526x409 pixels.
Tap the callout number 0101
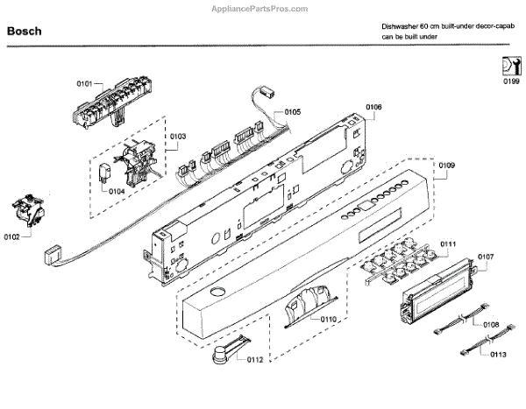(84, 83)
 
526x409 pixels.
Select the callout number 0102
(11, 236)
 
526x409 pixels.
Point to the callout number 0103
(177, 136)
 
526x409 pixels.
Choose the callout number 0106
(373, 108)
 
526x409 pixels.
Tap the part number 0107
(487, 257)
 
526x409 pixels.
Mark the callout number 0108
(491, 325)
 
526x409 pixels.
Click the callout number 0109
(447, 165)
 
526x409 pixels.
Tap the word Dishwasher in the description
(400, 27)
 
